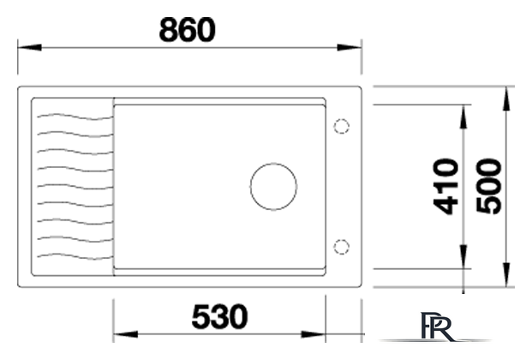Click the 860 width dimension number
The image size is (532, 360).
[x=187, y=30]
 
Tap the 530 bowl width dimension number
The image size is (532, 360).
[x=219, y=317]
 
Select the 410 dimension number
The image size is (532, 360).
[x=445, y=187]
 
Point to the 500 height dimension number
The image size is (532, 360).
[x=488, y=187]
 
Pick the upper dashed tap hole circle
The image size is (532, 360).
[x=341, y=119]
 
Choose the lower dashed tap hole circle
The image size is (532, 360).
[x=341, y=239]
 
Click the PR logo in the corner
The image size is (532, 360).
[x=436, y=327]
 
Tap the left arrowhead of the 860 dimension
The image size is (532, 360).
[x=29, y=47]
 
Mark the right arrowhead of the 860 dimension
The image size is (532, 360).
[x=350, y=47]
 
